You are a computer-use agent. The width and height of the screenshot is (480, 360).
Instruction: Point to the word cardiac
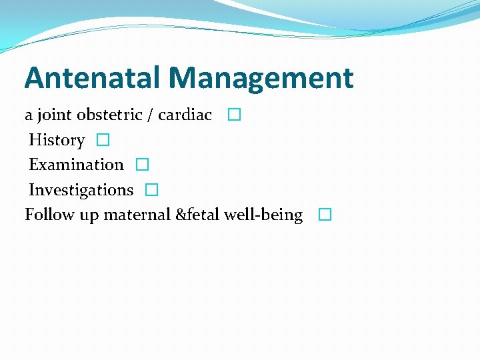[185, 115]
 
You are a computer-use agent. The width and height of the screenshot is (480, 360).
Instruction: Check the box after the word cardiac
[233, 115]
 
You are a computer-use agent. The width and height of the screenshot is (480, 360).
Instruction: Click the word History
[57, 141]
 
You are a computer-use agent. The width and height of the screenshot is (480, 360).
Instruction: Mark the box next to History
[102, 140]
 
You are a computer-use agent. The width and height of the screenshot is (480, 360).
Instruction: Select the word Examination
[76, 165]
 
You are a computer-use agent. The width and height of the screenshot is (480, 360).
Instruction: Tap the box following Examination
[141, 165]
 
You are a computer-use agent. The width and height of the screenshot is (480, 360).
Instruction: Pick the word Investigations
[81, 190]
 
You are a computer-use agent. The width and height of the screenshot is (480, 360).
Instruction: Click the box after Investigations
[151, 190]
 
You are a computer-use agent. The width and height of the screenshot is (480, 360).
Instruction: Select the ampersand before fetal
[182, 215]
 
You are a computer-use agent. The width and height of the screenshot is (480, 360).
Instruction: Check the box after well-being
[324, 215]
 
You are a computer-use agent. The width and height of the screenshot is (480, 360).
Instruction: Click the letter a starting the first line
[29, 116]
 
